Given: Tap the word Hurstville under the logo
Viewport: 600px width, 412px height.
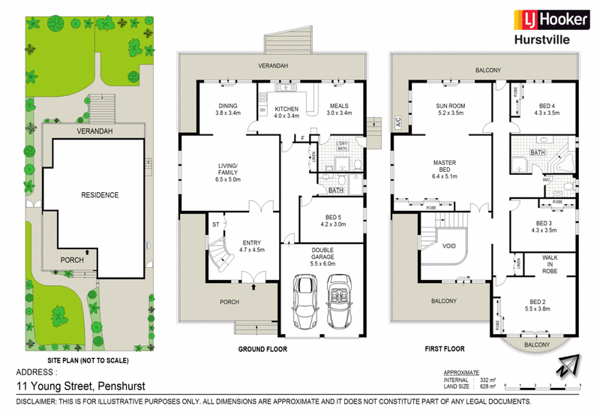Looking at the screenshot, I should coord(539,43).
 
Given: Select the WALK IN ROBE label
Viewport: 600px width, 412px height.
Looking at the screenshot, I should coord(552,264).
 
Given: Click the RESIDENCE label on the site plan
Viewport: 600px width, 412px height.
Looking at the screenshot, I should coord(100,195).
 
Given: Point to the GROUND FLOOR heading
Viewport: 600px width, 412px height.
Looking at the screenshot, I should coord(260,349).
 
